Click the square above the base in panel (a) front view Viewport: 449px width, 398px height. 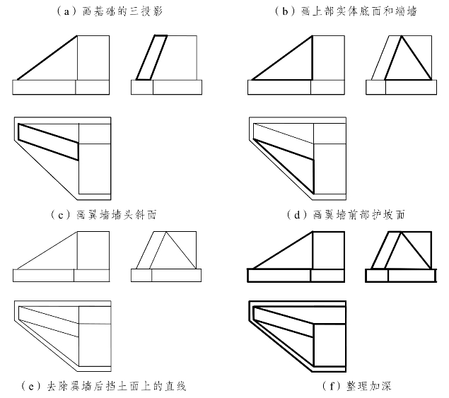[x=93, y=57]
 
